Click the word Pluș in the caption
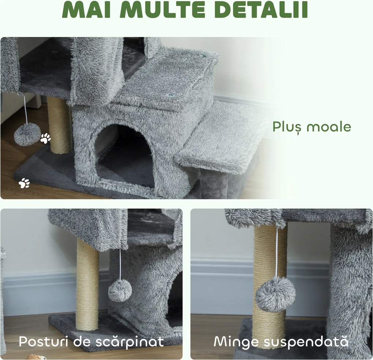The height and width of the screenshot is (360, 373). (x=287, y=127)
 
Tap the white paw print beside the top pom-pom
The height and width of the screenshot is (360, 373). (x=46, y=138)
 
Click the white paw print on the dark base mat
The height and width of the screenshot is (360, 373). (x=24, y=183)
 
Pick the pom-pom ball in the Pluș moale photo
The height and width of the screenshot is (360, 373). (x=27, y=134)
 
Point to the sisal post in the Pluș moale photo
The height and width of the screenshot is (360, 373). (x=60, y=126)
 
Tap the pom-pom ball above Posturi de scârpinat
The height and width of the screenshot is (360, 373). (x=120, y=291)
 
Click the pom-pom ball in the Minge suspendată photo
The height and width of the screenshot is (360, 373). (x=275, y=294)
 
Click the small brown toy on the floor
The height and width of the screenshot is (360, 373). (x=36, y=357)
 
